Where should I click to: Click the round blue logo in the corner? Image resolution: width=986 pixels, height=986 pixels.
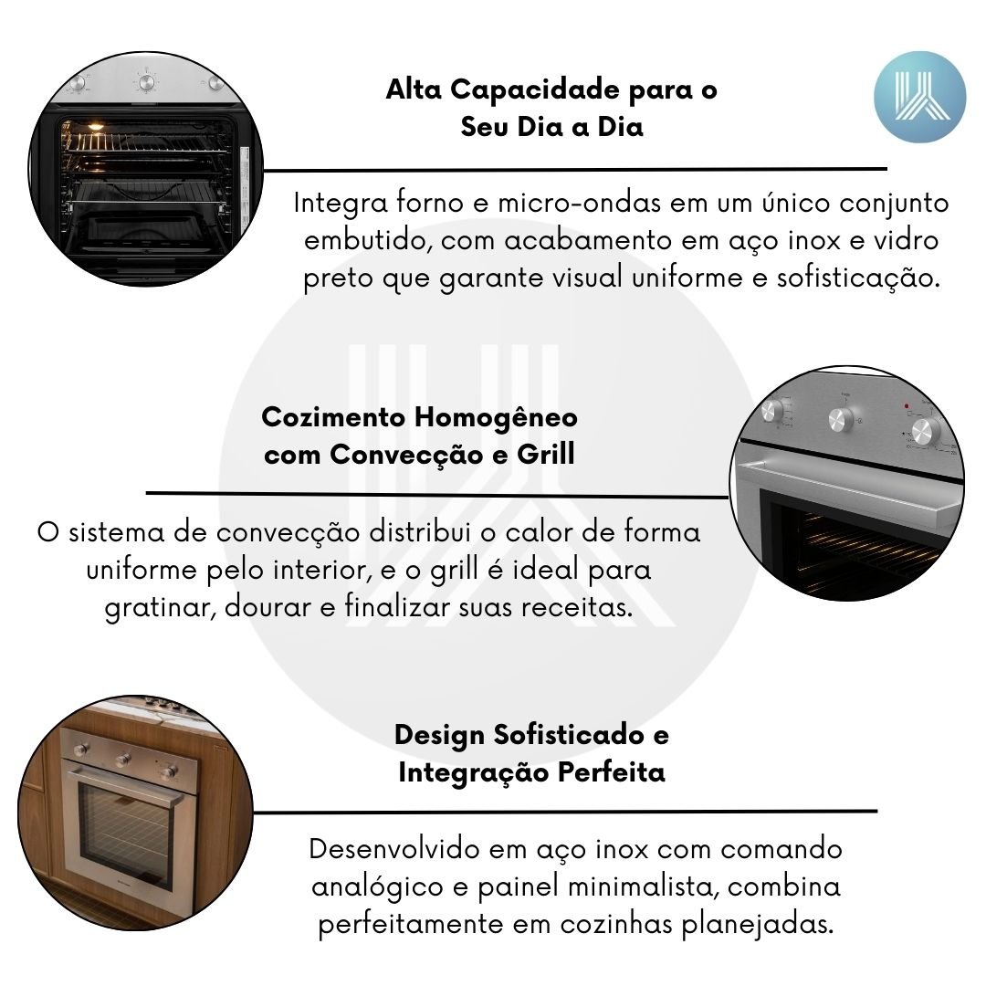click(919, 97)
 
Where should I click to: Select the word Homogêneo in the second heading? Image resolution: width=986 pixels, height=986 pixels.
click(496, 417)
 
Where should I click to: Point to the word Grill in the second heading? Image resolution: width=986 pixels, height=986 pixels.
click(546, 454)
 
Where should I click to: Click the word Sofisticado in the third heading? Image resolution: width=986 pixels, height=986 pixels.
click(569, 734)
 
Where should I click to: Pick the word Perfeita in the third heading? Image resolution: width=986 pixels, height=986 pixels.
click(611, 771)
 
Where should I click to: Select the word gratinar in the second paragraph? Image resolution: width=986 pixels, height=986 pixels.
click(161, 607)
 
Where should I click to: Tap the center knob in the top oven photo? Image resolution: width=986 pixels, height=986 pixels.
click(146, 82)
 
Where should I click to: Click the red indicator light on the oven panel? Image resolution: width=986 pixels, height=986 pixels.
click(907, 406)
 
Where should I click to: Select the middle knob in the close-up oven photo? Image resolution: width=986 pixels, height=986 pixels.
click(840, 419)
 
